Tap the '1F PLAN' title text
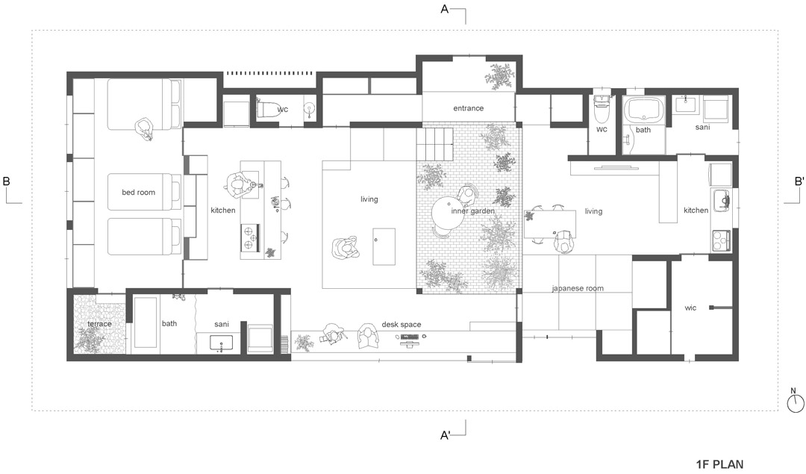[x=719, y=464]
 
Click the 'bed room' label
[x=138, y=193]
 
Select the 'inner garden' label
[x=473, y=211]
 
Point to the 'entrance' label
[x=468, y=108]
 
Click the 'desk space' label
[x=402, y=325]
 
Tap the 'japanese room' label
[x=578, y=288]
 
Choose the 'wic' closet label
[x=690, y=308]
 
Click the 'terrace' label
[x=99, y=324]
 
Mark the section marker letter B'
[x=799, y=181]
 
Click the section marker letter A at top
[x=445, y=9]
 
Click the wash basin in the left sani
[x=221, y=342]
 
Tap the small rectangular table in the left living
[x=384, y=247]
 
